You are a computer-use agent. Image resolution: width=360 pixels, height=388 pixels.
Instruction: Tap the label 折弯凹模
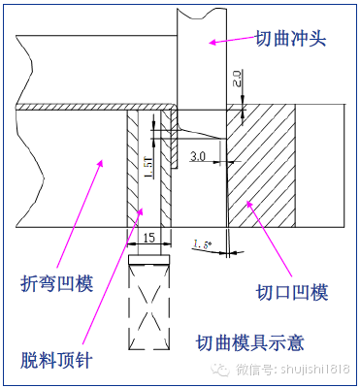[x=57, y=284]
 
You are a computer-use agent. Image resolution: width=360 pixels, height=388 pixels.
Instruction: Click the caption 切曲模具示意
[x=255, y=341]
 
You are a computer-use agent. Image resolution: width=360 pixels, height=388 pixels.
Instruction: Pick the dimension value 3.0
[x=198, y=155]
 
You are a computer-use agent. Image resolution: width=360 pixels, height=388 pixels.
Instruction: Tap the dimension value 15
[x=149, y=236]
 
